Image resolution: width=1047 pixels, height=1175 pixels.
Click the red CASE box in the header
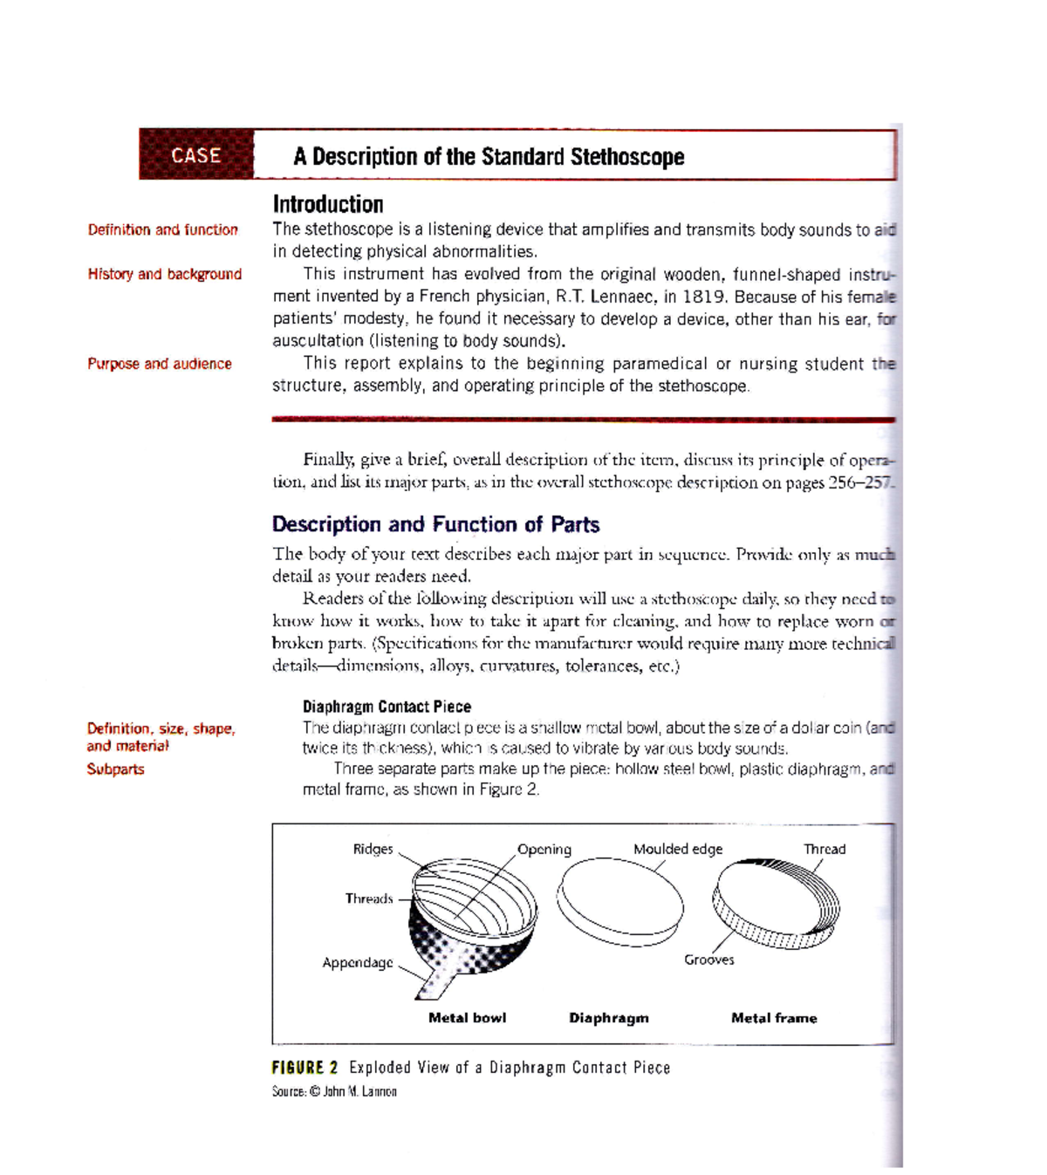tap(196, 155)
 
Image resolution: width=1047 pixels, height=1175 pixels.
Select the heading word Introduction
tap(328, 204)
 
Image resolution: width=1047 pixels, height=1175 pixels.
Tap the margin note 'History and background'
tap(164, 274)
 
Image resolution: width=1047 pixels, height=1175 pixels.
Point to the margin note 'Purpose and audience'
tap(160, 364)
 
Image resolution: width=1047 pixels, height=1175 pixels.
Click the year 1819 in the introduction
tap(703, 297)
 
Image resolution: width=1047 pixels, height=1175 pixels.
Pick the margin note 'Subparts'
tap(115, 769)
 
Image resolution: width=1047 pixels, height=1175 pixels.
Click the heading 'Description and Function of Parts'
tap(435, 524)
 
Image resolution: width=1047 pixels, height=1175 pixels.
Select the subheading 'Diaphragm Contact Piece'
tap(387, 707)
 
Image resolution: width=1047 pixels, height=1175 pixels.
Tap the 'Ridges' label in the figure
tap(373, 849)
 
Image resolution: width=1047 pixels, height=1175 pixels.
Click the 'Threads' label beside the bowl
tap(368, 898)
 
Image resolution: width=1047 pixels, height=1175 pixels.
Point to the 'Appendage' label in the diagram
tap(358, 963)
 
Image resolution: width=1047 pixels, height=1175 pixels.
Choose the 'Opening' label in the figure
tap(544, 849)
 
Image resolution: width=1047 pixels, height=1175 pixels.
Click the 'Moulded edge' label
tap(678, 849)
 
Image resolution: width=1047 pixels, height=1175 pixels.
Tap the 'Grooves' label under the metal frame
tap(708, 960)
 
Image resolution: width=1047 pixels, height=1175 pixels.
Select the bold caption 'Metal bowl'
tap(467, 1018)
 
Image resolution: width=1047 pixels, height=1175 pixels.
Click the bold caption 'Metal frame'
tap(774, 1018)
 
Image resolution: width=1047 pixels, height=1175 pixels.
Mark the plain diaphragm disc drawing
tap(620, 901)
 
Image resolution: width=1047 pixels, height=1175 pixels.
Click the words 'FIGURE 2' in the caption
tap(305, 1068)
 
